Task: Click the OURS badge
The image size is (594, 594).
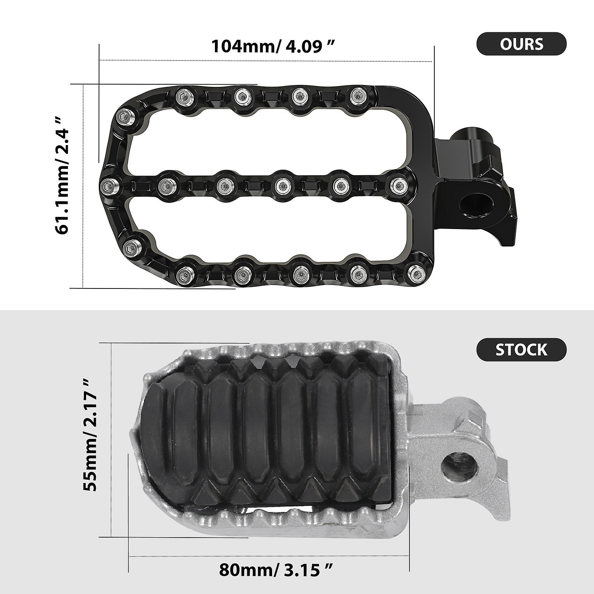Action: (521, 44)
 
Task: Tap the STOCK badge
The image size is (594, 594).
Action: (521, 350)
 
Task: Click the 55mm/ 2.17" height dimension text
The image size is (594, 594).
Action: (91, 435)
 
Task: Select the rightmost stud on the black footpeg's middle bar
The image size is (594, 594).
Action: (399, 185)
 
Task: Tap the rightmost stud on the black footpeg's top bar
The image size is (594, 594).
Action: (358, 96)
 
